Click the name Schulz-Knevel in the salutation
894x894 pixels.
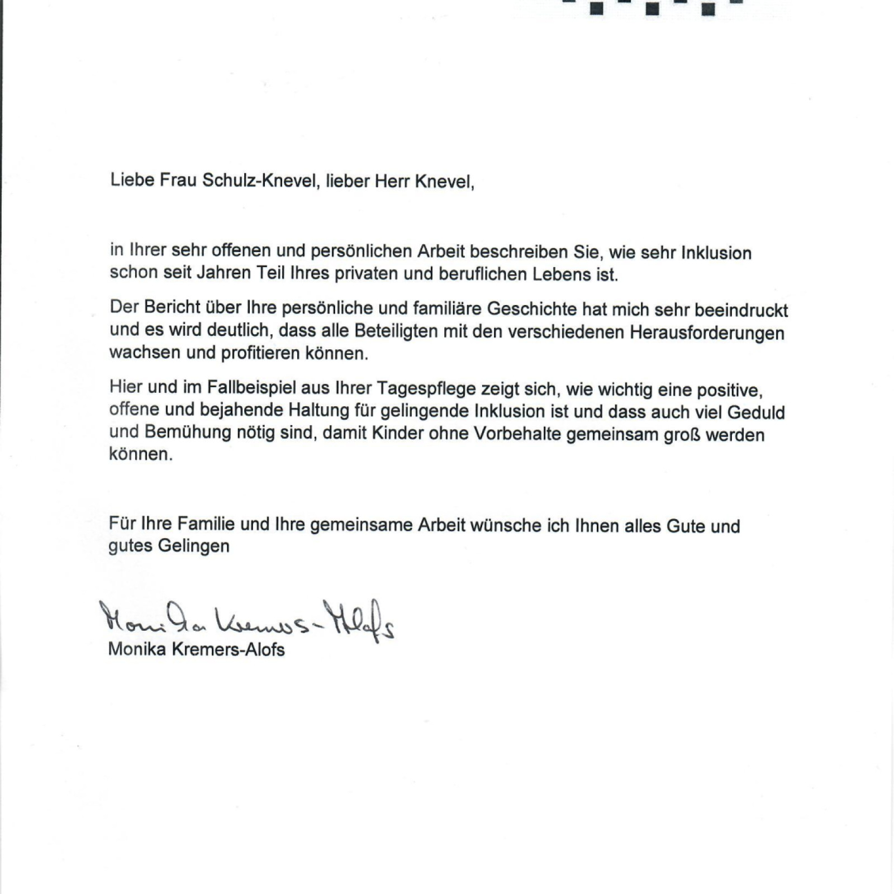[x=259, y=180]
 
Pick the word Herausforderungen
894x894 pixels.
[x=707, y=333]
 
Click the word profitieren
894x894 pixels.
[x=260, y=353]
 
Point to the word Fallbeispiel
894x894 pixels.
[x=251, y=387]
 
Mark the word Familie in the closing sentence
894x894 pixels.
[x=207, y=524]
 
